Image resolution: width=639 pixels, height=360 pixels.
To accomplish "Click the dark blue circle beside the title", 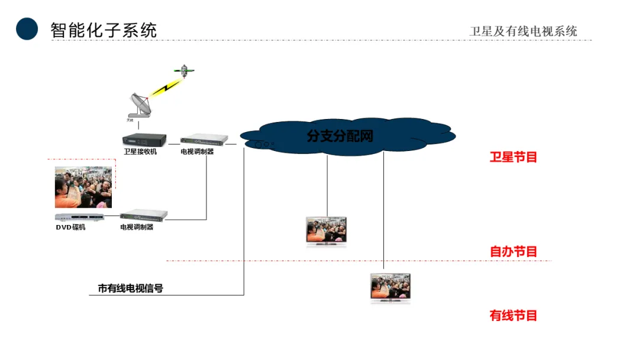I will pyautogui.click(x=27, y=28).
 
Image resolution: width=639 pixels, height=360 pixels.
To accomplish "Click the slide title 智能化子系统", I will pyautogui.click(x=104, y=30).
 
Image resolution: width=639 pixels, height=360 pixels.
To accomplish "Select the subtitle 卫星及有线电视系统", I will pyautogui.click(x=523, y=31).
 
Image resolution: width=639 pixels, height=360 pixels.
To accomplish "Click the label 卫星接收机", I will pyautogui.click(x=140, y=152).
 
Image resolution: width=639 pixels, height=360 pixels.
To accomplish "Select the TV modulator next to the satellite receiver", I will pyautogui.click(x=204, y=140).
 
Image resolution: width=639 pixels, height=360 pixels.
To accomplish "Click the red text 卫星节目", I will pyautogui.click(x=513, y=157).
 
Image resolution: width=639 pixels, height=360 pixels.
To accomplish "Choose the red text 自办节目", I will pyautogui.click(x=513, y=252).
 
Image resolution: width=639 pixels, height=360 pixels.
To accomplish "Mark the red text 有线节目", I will pyautogui.click(x=513, y=316).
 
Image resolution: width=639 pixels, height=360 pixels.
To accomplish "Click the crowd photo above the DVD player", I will pyautogui.click(x=83, y=187).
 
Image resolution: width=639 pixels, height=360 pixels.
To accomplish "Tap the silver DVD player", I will pyautogui.click(x=79, y=217).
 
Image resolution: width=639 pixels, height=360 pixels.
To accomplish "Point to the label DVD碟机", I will pyautogui.click(x=71, y=227).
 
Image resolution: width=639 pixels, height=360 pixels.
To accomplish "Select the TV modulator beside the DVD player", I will pyautogui.click(x=144, y=215).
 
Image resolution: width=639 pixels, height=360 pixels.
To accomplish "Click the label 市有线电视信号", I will pyautogui.click(x=130, y=289).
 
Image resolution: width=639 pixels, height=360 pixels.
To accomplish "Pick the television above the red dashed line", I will pyautogui.click(x=326, y=230).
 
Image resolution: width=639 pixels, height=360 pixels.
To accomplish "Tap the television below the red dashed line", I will pyautogui.click(x=390, y=288).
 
